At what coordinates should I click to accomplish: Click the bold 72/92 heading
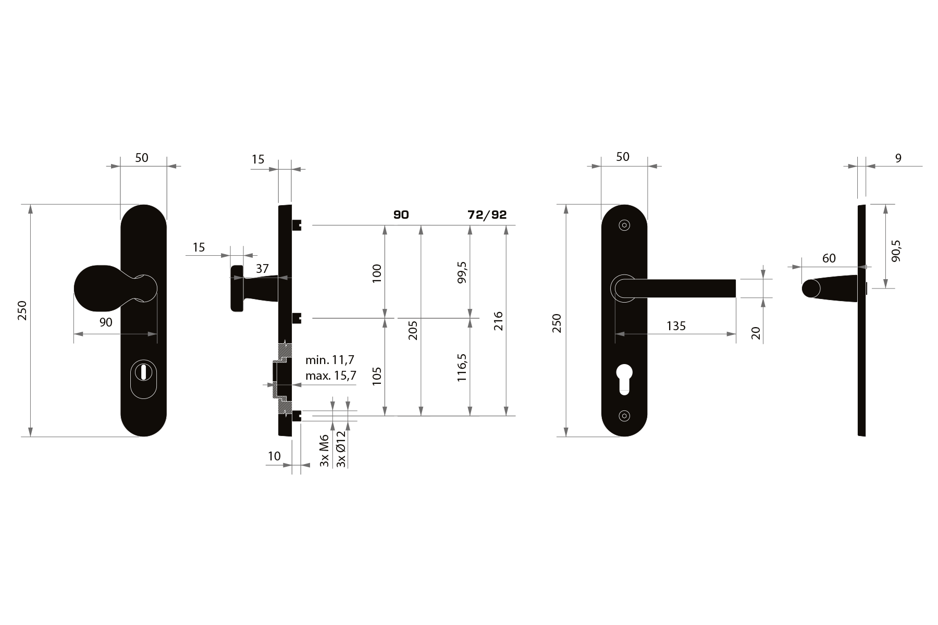(x=487, y=215)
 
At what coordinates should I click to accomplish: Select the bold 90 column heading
(x=401, y=215)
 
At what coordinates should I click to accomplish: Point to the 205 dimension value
(x=413, y=330)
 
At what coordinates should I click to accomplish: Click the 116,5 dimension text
(x=462, y=367)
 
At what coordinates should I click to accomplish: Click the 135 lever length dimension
(x=676, y=326)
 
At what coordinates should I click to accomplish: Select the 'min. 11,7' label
(x=330, y=359)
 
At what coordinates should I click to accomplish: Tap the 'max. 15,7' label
(x=331, y=375)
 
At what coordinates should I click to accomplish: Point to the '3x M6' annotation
(x=324, y=450)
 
